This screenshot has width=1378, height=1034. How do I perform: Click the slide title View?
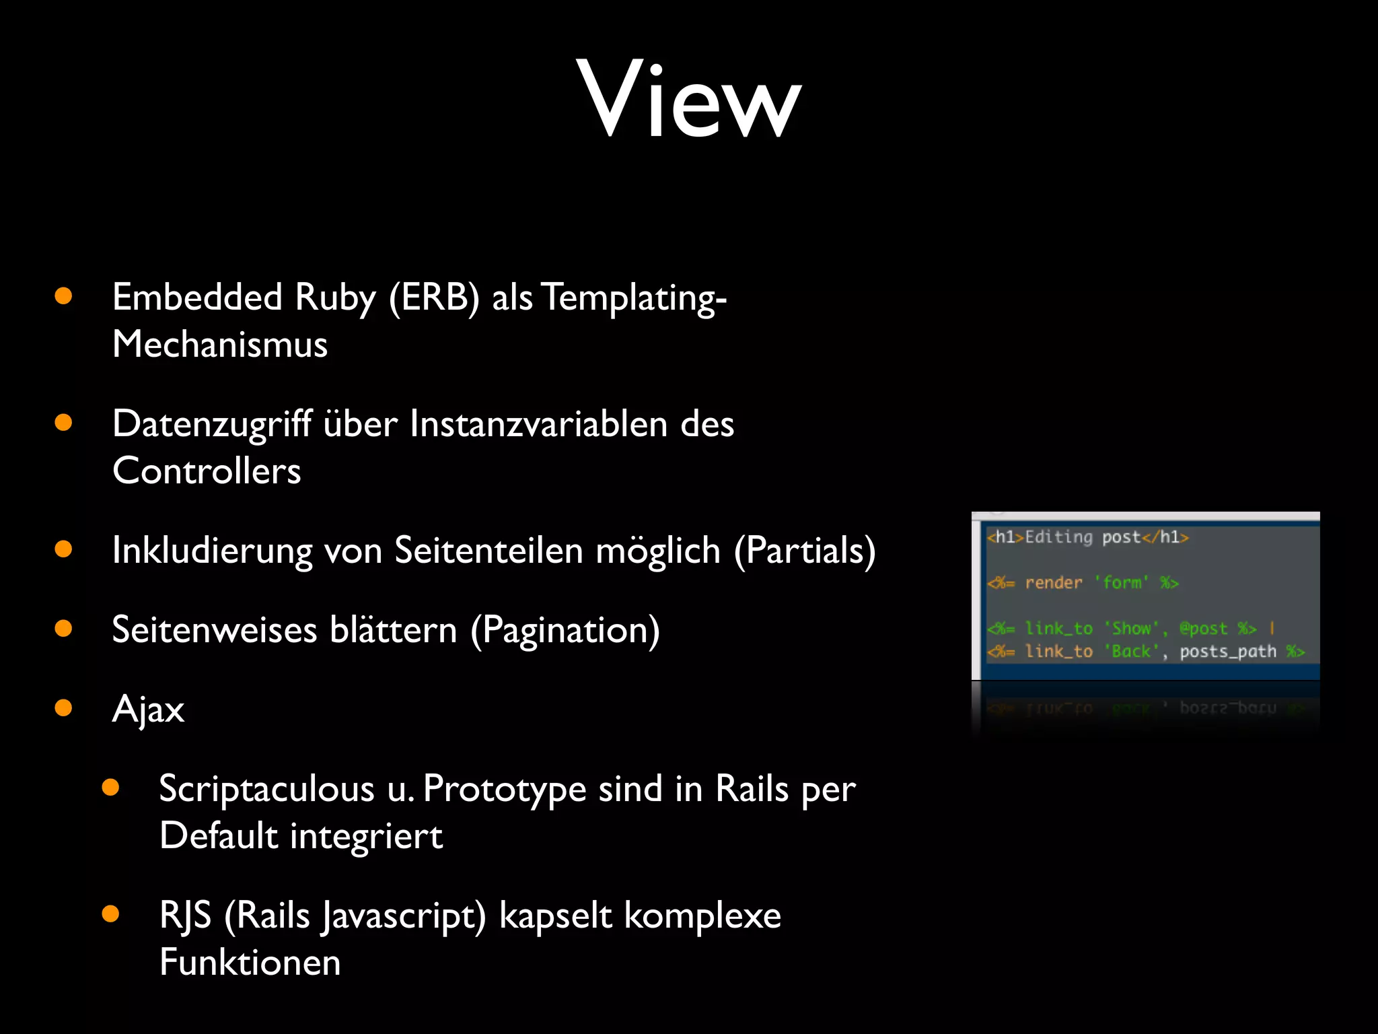click(x=688, y=99)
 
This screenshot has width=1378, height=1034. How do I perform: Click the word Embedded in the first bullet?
click(x=196, y=297)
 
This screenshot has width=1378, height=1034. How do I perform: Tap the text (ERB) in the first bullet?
click(x=434, y=297)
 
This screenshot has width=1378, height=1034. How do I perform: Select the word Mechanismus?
click(x=220, y=344)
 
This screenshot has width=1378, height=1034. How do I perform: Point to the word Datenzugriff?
click(x=211, y=424)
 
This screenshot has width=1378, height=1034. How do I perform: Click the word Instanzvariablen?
click(x=538, y=424)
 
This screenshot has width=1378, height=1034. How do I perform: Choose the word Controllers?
click(x=207, y=471)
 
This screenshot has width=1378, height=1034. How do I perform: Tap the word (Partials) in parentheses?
click(x=805, y=551)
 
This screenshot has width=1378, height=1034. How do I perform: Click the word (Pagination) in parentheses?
click(x=565, y=630)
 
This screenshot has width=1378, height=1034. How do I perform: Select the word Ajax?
click(x=148, y=710)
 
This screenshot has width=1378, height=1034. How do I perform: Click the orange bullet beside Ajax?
click(x=63, y=708)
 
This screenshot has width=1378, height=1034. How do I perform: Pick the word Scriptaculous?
click(x=266, y=789)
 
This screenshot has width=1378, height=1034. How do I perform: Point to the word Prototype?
click(x=505, y=789)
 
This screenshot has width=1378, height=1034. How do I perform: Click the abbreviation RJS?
click(x=185, y=916)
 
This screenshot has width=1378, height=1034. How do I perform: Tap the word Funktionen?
click(x=250, y=962)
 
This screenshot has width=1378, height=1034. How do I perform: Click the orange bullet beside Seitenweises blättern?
click(x=63, y=629)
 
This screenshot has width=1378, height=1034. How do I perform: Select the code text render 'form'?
click(x=1087, y=582)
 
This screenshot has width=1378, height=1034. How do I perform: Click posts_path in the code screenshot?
click(x=1227, y=652)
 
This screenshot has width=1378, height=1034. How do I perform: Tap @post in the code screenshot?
click(x=1203, y=628)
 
